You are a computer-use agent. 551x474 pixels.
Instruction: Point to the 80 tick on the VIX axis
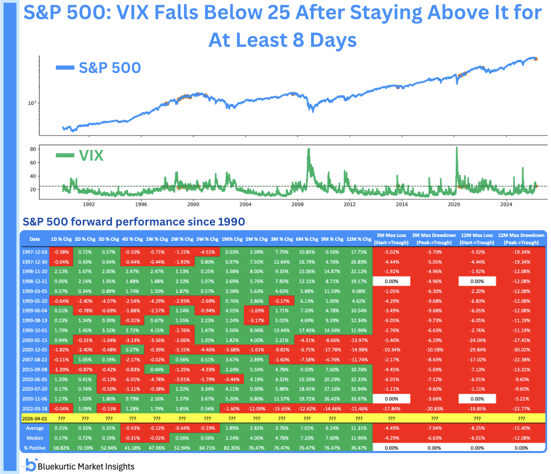[33, 149]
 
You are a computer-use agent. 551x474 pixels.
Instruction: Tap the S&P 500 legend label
[110, 67]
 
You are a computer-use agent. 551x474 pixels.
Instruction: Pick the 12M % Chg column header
[358, 239]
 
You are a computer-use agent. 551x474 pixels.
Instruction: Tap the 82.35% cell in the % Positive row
[231, 447]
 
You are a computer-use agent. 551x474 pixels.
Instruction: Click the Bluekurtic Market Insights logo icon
[30, 465]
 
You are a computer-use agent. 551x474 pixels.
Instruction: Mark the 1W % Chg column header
[156, 239]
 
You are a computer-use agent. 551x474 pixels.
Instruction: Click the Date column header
[35, 239]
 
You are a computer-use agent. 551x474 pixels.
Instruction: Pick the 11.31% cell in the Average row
[358, 428]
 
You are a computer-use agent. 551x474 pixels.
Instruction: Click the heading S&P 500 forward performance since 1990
[134, 221]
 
